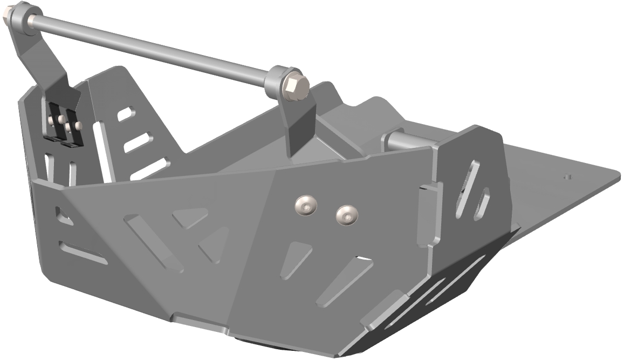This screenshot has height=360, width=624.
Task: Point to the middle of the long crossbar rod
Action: [151, 45]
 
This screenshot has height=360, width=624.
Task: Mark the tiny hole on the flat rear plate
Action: [566, 176]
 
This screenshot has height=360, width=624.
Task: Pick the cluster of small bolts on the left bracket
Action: [63, 123]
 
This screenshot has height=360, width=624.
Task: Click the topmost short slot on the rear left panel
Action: [126, 114]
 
